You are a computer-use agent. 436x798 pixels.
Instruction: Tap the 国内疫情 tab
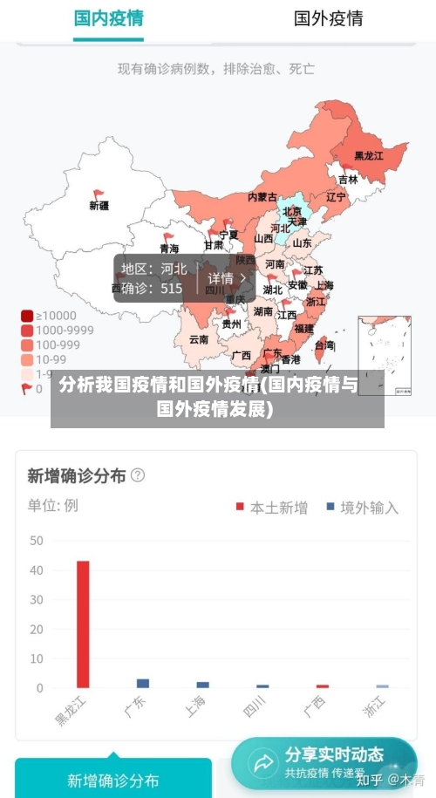[x=108, y=18]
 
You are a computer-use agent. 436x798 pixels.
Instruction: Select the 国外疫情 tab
[x=328, y=18]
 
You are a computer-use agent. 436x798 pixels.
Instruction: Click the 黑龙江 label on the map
[x=368, y=156]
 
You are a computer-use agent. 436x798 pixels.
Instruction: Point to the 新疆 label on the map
[x=99, y=206]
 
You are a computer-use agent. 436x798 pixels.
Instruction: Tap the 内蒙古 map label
[x=262, y=197]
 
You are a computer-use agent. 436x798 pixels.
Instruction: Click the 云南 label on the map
[x=199, y=339]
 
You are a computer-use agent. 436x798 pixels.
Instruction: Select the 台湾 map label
[x=324, y=345]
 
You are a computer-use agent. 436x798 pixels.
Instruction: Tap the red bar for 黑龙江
[x=83, y=624]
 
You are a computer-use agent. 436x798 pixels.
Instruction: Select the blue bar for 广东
[x=143, y=683]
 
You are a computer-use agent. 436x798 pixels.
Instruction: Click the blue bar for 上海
[x=203, y=685]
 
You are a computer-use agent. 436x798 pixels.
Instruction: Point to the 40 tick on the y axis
[x=36, y=570]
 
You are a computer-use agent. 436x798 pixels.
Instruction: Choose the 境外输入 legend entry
[x=362, y=507]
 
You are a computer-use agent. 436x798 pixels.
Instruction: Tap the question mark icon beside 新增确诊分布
[x=137, y=475]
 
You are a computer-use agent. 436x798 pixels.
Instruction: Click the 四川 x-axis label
[x=255, y=710]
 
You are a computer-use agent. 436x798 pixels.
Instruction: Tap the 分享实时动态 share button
[x=324, y=762]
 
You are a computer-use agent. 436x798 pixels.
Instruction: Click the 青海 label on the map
[x=168, y=249]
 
